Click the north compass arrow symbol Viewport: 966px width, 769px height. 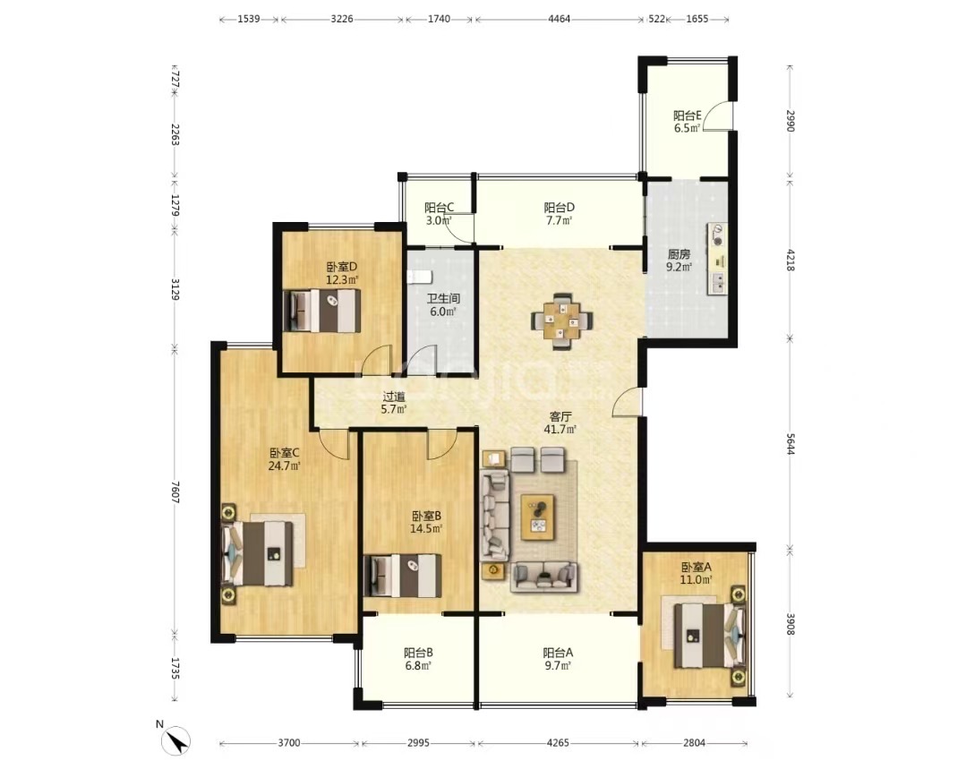click(x=176, y=739)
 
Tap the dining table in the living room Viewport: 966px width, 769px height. click(x=560, y=319)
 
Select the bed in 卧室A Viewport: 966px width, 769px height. click(x=705, y=634)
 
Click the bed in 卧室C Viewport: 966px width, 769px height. click(x=264, y=553)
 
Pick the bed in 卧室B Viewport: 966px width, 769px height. click(x=404, y=575)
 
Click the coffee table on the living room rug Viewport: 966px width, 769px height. click(x=539, y=517)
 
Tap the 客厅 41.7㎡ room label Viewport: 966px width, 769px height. click(x=561, y=423)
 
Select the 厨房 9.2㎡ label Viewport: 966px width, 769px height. click(x=678, y=260)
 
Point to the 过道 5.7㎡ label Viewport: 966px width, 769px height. click(x=394, y=403)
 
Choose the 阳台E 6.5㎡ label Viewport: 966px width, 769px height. click(x=687, y=122)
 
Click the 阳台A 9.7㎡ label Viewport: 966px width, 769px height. click(x=558, y=659)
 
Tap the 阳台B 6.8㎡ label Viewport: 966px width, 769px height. click(x=418, y=659)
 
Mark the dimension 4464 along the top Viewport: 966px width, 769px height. click(x=558, y=18)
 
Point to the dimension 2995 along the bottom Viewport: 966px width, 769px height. click(x=418, y=743)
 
